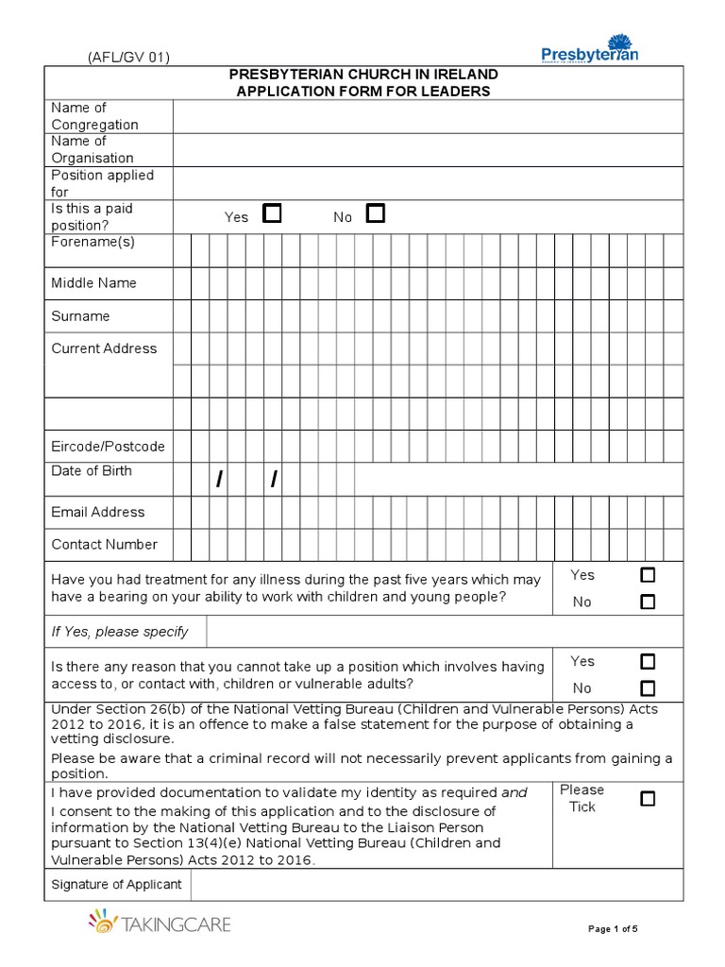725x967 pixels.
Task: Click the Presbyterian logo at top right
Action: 590,48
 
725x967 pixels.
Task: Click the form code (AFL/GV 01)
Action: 129,58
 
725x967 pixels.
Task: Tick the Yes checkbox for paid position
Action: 272,213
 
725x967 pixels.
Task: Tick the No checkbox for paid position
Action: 376,213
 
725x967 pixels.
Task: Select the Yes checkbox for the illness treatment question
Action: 648,575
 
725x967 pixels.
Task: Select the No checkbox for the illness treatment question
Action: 648,602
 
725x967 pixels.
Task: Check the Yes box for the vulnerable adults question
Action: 648,661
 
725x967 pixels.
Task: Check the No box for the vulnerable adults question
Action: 648,687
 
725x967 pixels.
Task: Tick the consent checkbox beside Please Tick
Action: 648,799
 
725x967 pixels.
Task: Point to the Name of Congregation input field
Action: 428,116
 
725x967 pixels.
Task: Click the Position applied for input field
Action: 428,183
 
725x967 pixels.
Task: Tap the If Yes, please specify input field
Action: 444,632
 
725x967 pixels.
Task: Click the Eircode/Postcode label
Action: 108,446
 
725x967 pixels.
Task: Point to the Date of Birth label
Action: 92,470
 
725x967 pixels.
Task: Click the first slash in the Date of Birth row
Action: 219,481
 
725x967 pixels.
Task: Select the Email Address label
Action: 98,512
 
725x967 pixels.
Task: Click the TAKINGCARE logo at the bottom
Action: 160,923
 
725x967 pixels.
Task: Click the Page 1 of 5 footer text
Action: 613,929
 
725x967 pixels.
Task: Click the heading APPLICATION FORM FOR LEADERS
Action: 363,91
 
